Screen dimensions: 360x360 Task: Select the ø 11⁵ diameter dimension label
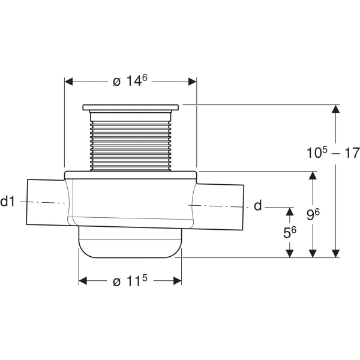[130, 281]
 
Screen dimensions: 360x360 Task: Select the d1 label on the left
[8, 202]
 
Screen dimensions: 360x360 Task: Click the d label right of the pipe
[257, 206]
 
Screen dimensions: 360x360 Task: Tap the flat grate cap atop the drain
[130, 108]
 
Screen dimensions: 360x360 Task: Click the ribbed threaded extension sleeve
[130, 141]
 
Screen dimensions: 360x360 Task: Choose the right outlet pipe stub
[222, 206]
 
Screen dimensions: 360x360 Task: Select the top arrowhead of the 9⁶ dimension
[312, 175]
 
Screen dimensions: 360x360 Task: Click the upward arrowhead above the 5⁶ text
[290, 211]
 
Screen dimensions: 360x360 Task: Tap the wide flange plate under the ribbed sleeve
[130, 174]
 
